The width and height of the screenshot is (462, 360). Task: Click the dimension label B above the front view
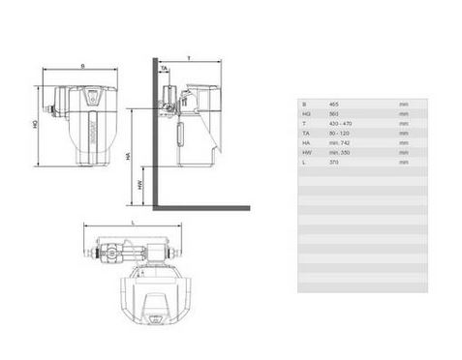pyautogui.click(x=82, y=66)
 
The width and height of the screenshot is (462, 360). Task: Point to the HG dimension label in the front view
pyautogui.click(x=35, y=124)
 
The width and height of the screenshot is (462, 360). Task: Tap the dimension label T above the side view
pyautogui.click(x=189, y=58)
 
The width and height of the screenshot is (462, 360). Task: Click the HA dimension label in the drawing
pyautogui.click(x=128, y=155)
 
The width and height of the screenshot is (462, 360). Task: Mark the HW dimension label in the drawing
pyautogui.click(x=139, y=183)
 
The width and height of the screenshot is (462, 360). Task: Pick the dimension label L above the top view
pyautogui.click(x=132, y=223)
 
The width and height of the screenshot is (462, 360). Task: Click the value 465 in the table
pyautogui.click(x=334, y=103)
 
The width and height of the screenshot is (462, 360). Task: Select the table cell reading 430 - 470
pyautogui.click(x=338, y=123)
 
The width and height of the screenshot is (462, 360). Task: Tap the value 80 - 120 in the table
pyautogui.click(x=337, y=133)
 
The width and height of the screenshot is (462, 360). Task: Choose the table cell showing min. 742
pyautogui.click(x=338, y=143)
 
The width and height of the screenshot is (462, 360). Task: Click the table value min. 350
pyautogui.click(x=338, y=153)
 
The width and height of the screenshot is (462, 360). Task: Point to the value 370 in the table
pyautogui.click(x=334, y=163)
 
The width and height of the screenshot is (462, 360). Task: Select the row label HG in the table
pyautogui.click(x=306, y=113)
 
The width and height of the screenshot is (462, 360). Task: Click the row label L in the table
pyautogui.click(x=304, y=163)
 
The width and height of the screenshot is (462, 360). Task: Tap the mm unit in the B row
pyautogui.click(x=403, y=103)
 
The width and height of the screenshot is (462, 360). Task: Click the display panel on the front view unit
pyautogui.click(x=92, y=97)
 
